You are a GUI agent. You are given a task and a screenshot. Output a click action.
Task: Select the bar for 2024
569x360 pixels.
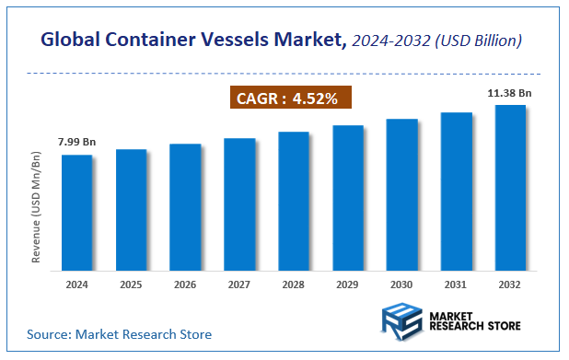pos(76,213)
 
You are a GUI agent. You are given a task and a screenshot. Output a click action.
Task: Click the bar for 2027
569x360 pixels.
pos(239,204)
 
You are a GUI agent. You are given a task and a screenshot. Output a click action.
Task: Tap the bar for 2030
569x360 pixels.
pos(401,194)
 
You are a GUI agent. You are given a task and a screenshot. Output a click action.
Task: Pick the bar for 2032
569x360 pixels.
pos(510,188)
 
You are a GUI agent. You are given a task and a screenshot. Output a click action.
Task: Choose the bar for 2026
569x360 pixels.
pos(185,207)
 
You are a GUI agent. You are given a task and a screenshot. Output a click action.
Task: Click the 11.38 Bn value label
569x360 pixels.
pos(512,92)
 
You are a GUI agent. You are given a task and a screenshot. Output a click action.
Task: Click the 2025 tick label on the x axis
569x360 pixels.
pos(131,285)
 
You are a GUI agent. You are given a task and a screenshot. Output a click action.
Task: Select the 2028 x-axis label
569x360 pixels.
pos(294,285)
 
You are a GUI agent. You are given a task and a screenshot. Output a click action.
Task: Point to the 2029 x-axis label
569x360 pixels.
pos(347,285)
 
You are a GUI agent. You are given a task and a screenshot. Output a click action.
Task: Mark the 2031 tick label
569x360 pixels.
pos(456,285)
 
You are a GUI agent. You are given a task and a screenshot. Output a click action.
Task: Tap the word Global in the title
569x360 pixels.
pos(70,41)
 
